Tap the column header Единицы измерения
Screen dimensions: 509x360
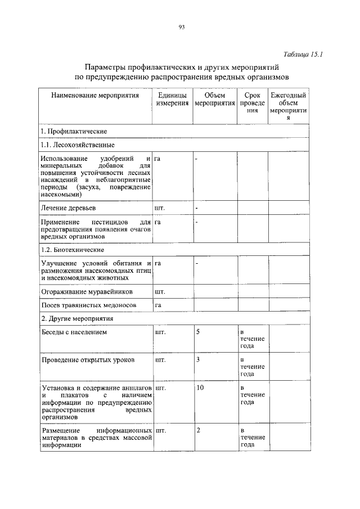pos(172,100)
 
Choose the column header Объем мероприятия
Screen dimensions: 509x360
pos(214,100)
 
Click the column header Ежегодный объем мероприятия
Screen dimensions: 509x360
pos(288,107)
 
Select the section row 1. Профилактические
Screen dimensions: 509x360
pos(74,131)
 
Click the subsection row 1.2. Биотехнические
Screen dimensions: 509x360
pos(73,249)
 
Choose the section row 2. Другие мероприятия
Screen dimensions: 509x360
pos(77,318)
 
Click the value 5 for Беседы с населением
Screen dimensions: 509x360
pos(198,332)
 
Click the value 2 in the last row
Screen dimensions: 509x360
pos(198,430)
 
